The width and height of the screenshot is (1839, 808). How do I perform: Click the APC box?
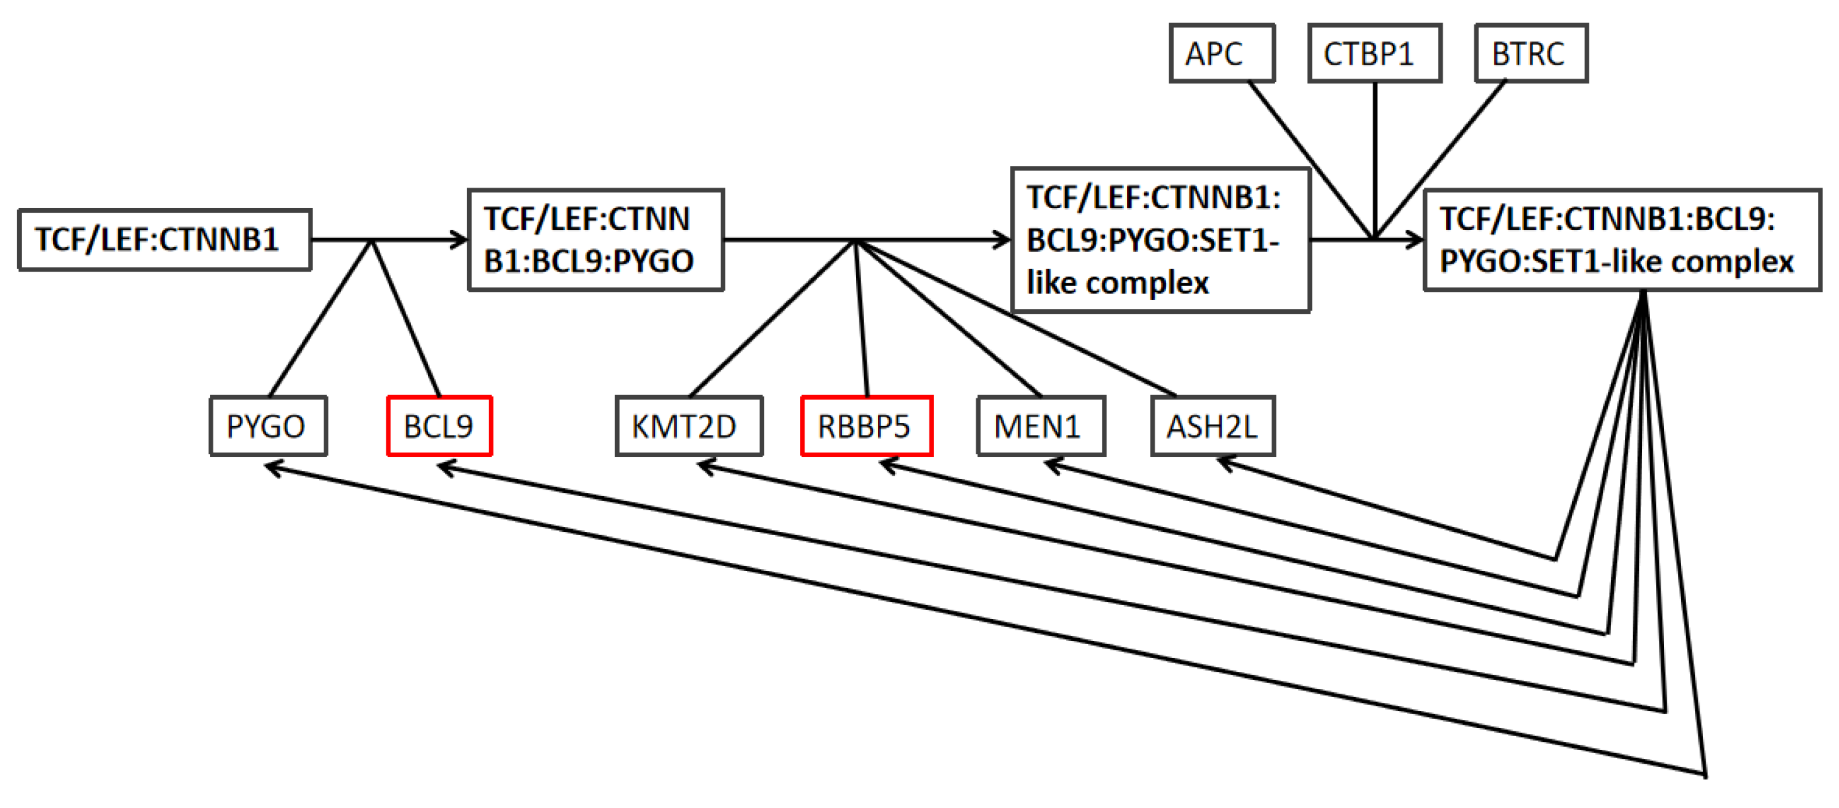1221,54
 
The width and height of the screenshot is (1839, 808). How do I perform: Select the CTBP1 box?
1374,54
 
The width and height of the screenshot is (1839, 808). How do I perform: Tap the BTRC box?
1531,54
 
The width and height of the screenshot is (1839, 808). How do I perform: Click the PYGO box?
268,426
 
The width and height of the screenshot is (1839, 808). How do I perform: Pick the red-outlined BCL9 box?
439,426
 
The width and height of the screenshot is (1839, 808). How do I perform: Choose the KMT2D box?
689,426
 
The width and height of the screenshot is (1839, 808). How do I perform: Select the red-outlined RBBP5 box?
867,426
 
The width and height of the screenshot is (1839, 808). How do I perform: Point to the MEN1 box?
1041,426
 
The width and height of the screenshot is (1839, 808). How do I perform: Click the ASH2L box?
1212,426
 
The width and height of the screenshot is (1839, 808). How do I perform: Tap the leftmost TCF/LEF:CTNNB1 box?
165,240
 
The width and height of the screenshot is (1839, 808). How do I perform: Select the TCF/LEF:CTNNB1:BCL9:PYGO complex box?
595,240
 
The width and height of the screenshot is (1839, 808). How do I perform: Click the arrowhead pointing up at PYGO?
270,468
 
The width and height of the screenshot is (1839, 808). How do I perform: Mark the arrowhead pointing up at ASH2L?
1221,462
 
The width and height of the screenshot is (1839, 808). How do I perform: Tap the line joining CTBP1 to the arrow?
1374,157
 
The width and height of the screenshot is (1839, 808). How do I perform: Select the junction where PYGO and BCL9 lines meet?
371,241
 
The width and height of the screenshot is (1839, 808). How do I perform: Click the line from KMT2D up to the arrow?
771,318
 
